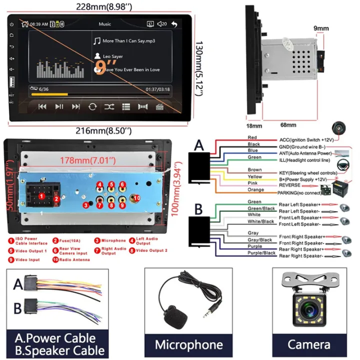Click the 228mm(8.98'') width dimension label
105,6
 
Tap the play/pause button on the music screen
59,106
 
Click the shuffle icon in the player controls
109,106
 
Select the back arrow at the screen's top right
174,23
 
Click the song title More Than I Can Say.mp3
129,40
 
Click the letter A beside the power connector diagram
199,145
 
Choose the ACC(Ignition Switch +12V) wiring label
306,139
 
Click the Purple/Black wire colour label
261,253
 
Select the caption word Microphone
188,344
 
